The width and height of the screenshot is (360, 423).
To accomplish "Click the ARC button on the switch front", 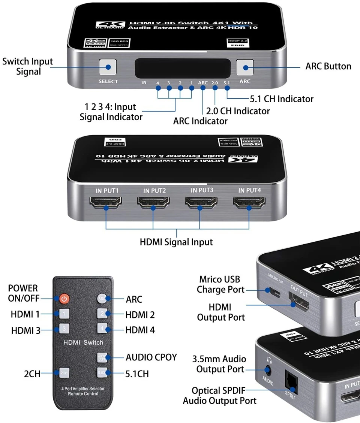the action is click(245, 67).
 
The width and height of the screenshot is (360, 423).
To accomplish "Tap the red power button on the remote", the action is click(64, 299).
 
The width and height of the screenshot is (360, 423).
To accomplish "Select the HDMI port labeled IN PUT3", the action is click(201, 204).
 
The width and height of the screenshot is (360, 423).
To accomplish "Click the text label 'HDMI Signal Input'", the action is click(176, 242).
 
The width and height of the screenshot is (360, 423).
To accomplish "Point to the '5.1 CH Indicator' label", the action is click(281, 99).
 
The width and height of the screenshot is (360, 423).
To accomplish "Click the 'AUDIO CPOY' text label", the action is click(151, 357).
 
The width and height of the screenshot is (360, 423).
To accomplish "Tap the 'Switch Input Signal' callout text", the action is click(28, 66).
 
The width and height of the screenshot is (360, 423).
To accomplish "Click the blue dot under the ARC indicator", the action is click(203, 88).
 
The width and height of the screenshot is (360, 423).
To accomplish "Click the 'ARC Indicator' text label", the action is click(200, 121).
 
